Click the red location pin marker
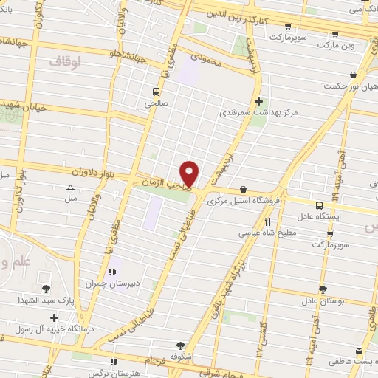tap(190, 173)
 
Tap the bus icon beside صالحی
tap(156, 92)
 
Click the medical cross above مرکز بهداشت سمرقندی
tap(258, 102)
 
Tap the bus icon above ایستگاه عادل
tap(319, 205)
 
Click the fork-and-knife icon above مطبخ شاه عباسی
tap(268, 221)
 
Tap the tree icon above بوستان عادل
tap(323, 289)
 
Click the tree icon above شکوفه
tap(181, 345)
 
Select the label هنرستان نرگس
tap(112, 372)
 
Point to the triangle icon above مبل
tap(70, 188)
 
